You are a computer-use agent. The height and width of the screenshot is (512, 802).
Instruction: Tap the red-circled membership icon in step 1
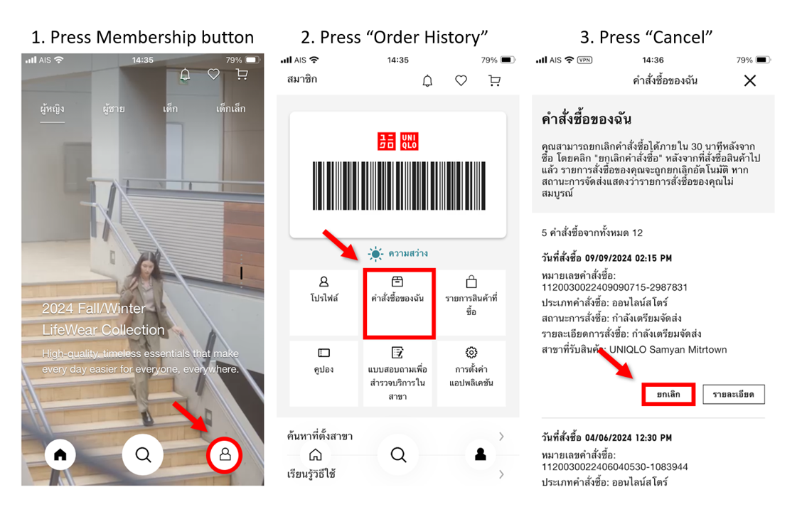225,454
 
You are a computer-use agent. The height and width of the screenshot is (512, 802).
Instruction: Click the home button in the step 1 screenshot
60,454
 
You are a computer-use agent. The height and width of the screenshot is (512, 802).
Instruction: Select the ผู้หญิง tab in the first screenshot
52,109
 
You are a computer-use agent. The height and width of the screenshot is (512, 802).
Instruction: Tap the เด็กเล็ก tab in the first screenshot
230,108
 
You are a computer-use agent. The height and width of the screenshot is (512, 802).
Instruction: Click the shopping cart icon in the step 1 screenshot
242,75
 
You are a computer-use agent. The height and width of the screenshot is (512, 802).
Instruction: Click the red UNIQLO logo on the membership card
398,142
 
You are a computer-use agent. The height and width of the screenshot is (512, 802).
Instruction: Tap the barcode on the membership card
399,186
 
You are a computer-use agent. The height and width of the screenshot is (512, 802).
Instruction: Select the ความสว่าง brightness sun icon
375,254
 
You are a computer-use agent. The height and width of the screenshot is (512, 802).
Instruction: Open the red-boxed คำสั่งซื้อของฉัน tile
399,304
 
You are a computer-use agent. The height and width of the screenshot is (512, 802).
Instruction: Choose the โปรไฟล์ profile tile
324,302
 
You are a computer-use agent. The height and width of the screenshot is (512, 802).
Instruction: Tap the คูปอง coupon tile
324,373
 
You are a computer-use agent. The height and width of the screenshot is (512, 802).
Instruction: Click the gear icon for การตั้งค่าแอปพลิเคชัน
471,353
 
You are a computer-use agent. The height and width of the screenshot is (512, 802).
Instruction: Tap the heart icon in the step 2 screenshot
461,80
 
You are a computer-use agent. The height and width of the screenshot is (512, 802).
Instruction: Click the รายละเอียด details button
734,395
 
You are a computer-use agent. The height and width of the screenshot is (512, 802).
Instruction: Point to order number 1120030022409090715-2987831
614,287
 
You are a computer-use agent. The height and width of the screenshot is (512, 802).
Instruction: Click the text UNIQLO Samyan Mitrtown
668,350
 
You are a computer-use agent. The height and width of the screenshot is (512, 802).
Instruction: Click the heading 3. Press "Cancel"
646,38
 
